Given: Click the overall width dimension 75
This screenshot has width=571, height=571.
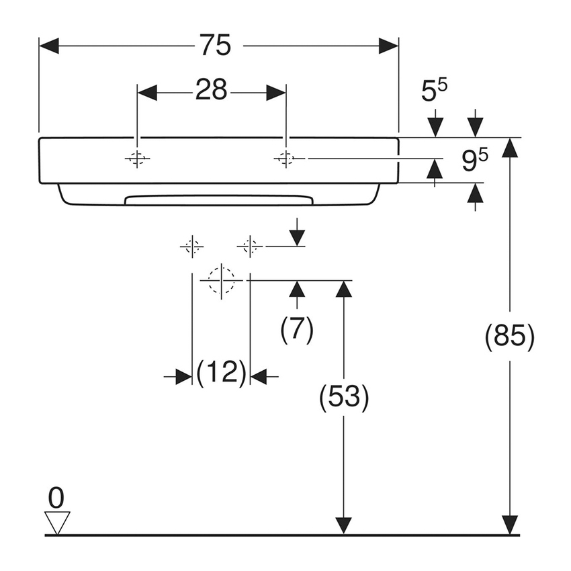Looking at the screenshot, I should (215, 46).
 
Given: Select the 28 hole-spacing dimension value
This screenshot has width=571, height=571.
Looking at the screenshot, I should (212, 90).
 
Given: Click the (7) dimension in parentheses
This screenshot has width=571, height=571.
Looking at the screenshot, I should (297, 329).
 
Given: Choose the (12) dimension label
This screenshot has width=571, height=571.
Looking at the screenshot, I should (221, 373).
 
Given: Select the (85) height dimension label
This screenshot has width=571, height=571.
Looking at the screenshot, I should (510, 336).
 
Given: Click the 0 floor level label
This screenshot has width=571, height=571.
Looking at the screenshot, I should (56, 498).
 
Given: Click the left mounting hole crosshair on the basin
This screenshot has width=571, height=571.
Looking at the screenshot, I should (137, 159).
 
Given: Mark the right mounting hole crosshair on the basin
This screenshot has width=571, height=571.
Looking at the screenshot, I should (286, 159).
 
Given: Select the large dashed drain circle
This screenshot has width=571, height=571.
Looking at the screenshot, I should (221, 279).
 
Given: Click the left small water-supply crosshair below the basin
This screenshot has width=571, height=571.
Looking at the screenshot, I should (192, 247).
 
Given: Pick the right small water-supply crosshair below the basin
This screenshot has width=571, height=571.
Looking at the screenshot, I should (250, 247).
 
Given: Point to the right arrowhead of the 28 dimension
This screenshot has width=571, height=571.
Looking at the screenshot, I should (277, 93).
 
